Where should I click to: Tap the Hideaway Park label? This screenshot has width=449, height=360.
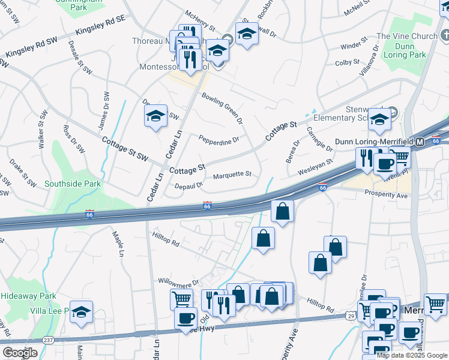(28, 296)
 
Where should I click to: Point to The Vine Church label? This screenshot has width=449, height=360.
(406, 37)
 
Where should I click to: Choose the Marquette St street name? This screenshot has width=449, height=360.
(232, 175)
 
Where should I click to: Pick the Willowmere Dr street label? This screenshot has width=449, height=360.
(178, 281)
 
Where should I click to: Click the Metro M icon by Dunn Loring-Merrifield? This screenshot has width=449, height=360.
(420, 142)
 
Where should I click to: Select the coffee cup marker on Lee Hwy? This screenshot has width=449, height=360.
(186, 317)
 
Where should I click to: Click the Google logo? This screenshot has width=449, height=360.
(19, 353)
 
